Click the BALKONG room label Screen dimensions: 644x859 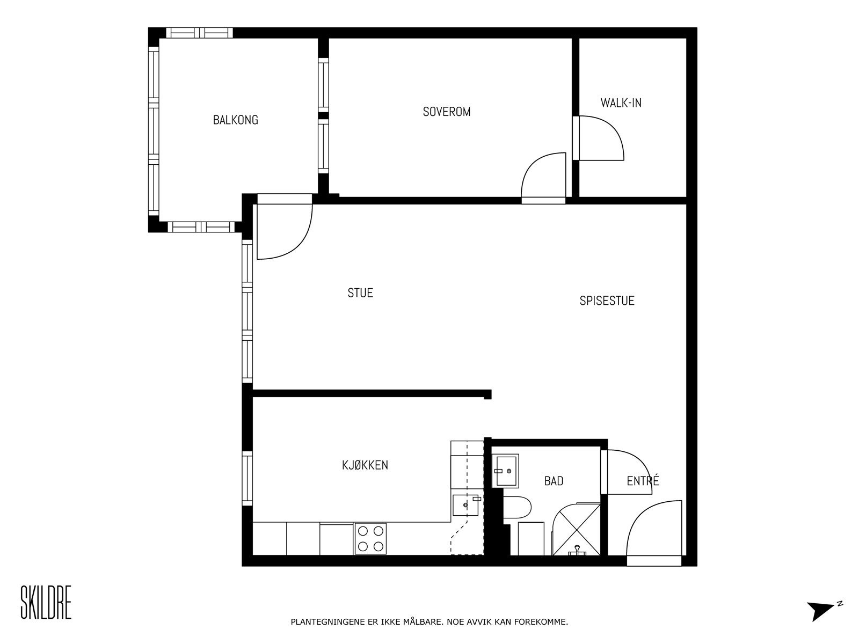[x=235, y=120]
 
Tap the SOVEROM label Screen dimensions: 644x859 [x=447, y=112]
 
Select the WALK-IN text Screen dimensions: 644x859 [x=621, y=103]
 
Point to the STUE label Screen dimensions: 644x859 [x=360, y=293]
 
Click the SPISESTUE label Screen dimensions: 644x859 [x=607, y=301]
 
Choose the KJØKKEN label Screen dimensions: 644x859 [x=365, y=465]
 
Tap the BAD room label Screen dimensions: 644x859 [x=554, y=481]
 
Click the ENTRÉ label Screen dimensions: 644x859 [x=643, y=481]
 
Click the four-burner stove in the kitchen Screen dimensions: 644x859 [x=370, y=539]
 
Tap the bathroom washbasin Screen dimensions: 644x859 [x=506, y=471]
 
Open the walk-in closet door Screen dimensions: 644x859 [x=599, y=138]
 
